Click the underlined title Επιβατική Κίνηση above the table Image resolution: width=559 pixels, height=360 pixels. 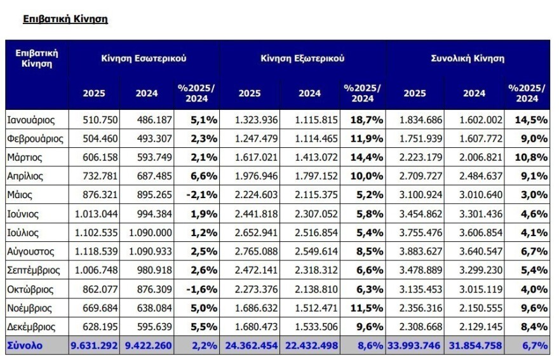click(65, 19)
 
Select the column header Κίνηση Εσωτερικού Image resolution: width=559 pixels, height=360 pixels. click(144, 58)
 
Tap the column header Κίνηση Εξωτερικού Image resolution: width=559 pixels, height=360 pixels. click(302, 58)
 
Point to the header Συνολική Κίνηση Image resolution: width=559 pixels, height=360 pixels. click(468, 58)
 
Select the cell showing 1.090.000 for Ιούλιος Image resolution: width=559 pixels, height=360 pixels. click(147, 232)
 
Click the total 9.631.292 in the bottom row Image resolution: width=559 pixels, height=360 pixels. click(93, 346)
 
